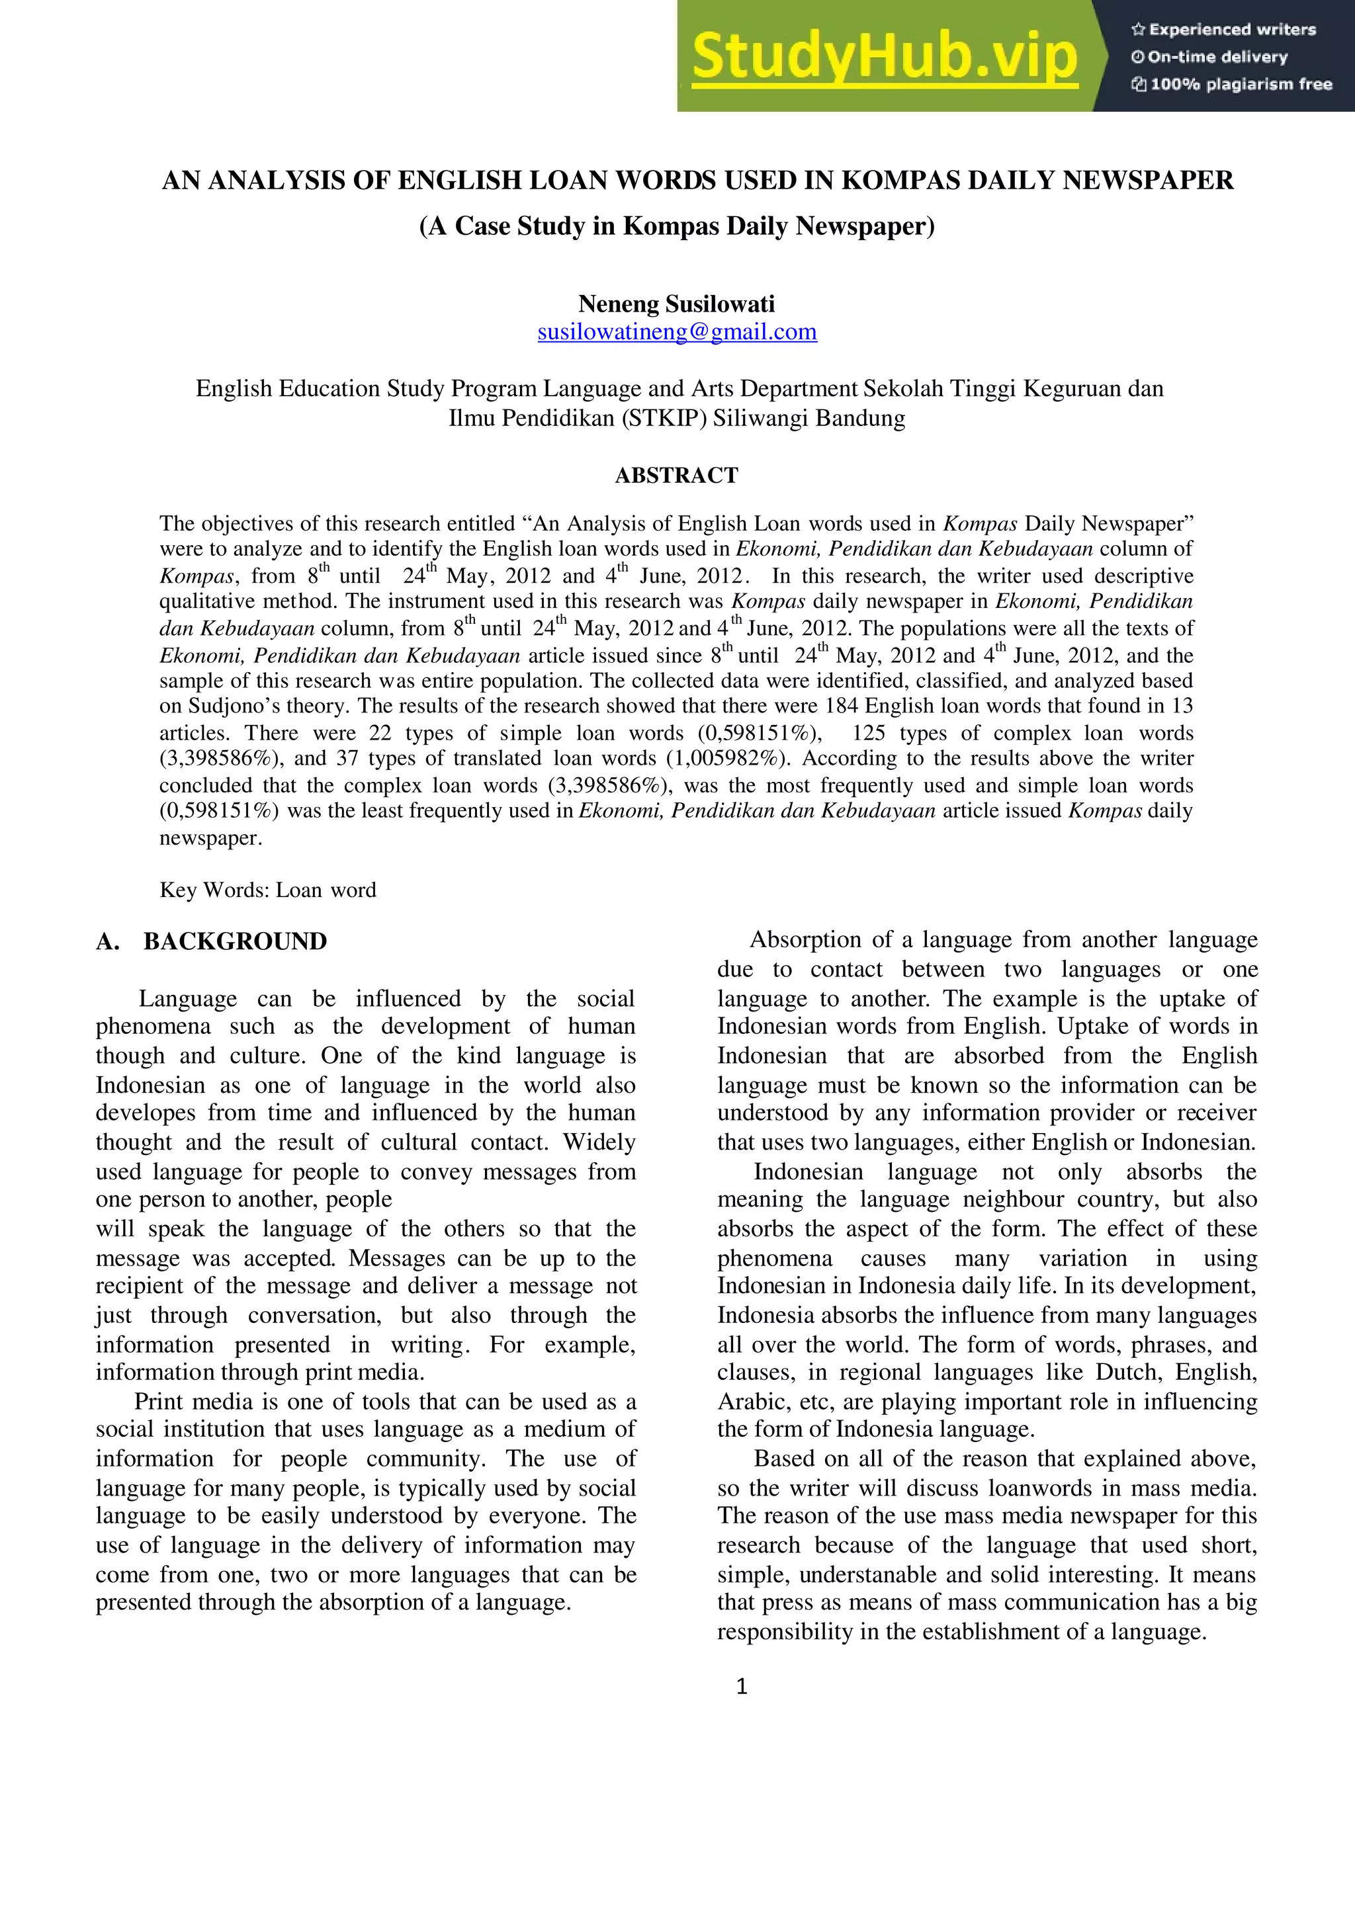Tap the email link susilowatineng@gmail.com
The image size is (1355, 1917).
(677, 331)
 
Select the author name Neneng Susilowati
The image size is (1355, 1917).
(677, 303)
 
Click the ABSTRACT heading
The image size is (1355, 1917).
(677, 475)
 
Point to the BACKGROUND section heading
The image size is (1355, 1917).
(235, 942)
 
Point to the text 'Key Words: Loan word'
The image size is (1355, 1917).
(268, 890)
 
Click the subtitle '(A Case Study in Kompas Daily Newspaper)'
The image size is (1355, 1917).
(677, 226)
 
